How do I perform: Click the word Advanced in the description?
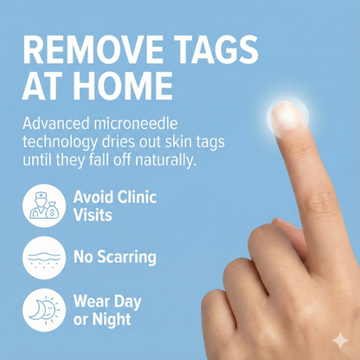tap(61, 124)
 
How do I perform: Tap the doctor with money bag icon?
tap(42, 205)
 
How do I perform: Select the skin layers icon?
tap(42, 256)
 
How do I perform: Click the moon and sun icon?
tap(42, 309)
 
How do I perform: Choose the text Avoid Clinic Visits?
tap(113, 205)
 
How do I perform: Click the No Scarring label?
tap(114, 257)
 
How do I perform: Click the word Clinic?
tap(135, 197)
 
